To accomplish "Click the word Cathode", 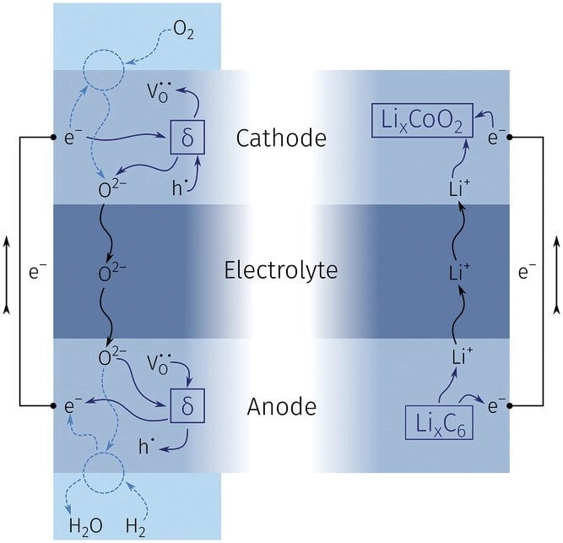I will [x=281, y=137].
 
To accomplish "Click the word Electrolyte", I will [x=282, y=271].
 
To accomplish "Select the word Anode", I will [x=282, y=407].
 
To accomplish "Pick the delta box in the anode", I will [x=187, y=407].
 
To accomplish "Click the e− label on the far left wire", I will [x=36, y=272].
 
